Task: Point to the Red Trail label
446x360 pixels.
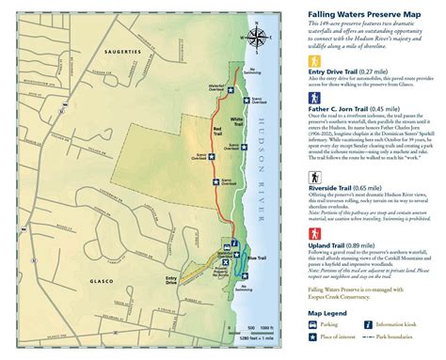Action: point(218,130)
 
